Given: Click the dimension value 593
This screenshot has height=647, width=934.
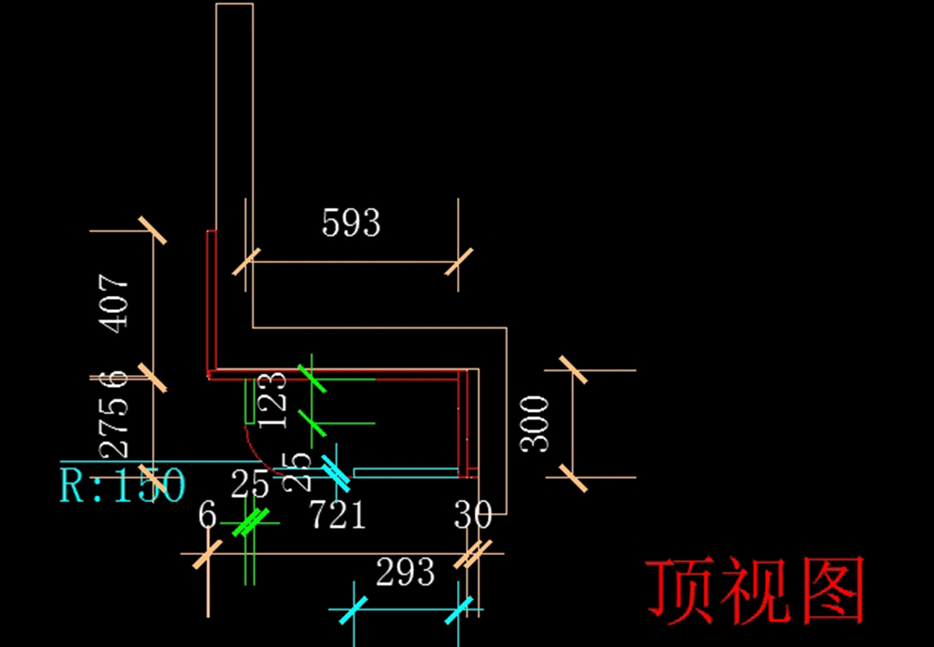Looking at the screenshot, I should (x=351, y=223).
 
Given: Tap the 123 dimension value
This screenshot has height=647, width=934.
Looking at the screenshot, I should (x=272, y=399).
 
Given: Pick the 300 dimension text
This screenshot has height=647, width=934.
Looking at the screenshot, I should (x=535, y=424).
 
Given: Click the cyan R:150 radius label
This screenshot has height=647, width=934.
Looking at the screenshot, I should (x=123, y=485).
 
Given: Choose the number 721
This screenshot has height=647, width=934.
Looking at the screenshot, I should (x=339, y=515).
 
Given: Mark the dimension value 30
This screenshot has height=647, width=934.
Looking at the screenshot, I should (x=473, y=515).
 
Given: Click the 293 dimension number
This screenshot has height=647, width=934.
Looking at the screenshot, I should (x=406, y=574).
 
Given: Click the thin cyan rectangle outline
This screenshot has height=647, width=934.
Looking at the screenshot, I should (x=406, y=473).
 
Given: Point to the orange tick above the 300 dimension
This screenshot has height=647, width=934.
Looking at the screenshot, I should (x=574, y=371).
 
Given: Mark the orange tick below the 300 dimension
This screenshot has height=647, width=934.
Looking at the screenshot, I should (x=574, y=477).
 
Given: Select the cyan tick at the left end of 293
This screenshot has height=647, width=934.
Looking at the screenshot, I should (x=353, y=610).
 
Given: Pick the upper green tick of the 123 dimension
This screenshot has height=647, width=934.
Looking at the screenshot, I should (x=311, y=378).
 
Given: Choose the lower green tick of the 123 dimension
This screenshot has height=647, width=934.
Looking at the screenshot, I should (x=311, y=424).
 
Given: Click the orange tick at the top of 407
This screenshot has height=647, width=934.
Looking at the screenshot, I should (x=153, y=230).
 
